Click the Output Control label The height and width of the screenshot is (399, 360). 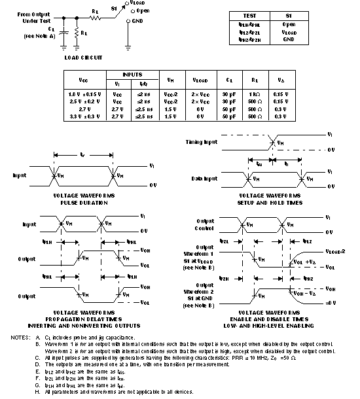tap(205, 224)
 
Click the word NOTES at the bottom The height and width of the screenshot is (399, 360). tap(19, 338)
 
